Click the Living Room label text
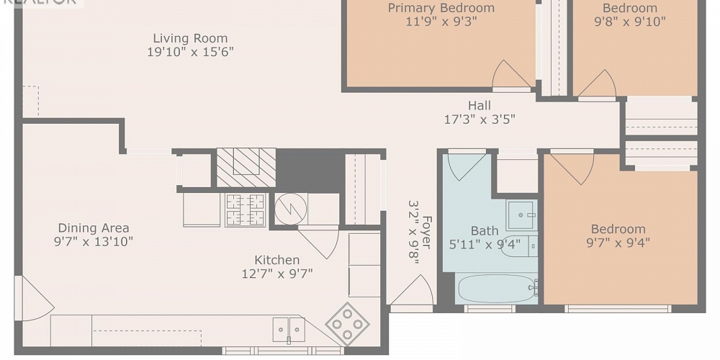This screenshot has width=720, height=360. coord(190,38)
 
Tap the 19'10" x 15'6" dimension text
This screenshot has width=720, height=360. coord(190,52)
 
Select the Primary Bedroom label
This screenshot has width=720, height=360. coord(441,8)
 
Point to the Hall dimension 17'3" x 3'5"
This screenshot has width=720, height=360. coord(479,120)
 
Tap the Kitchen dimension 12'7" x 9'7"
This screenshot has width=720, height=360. coord(277,274)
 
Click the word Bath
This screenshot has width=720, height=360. coord(484,231)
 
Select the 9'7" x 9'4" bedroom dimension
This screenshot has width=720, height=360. coord(618,243)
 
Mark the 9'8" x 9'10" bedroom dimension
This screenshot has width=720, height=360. coord(629,22)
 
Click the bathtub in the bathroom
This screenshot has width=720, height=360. coord(497,289)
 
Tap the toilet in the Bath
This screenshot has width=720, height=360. coord(518,246)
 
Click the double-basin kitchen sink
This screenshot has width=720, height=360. coord(288,330)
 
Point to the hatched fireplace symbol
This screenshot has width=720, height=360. coord(246,167)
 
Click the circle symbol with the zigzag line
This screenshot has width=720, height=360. coord(291,209)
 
